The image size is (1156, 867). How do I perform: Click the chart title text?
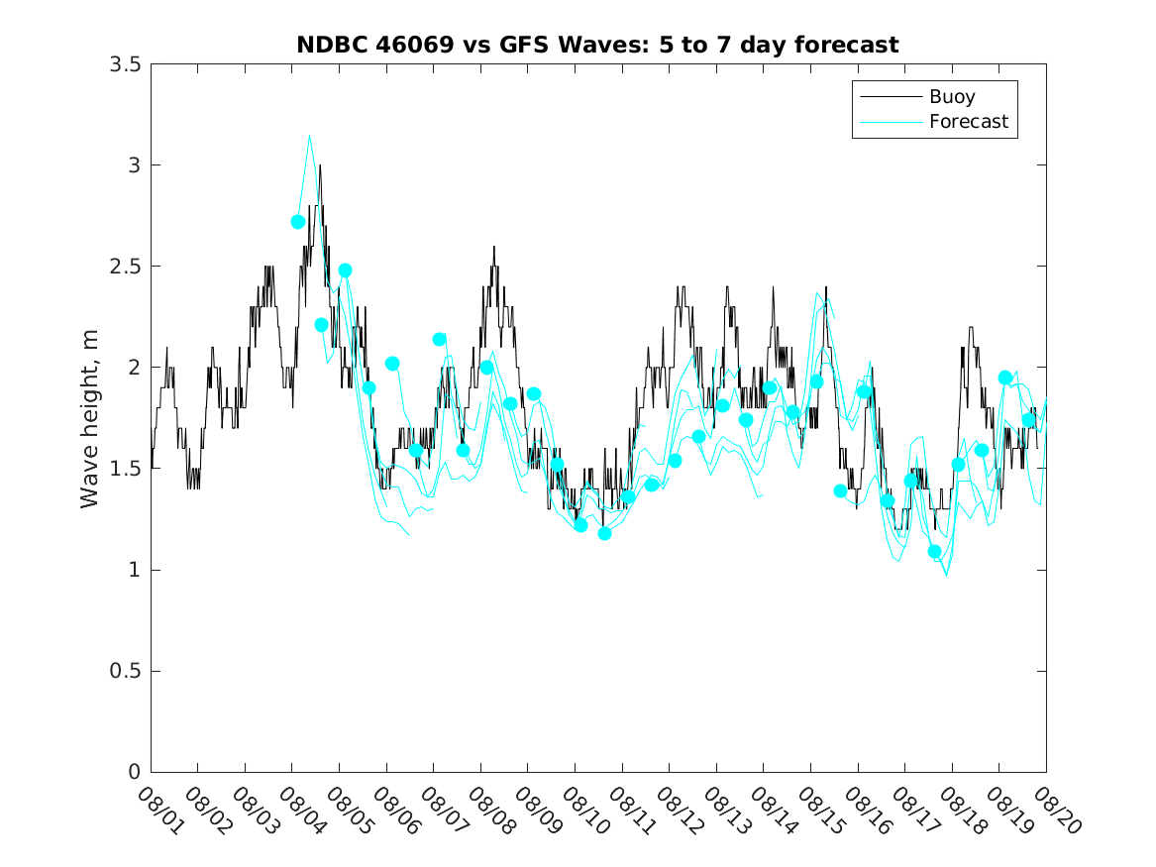point(597,45)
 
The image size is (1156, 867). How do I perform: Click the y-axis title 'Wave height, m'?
point(90,419)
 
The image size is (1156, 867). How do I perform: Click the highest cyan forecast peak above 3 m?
point(309,136)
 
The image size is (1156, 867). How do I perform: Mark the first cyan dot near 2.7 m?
point(298,222)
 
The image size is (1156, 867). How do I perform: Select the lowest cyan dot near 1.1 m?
point(934,552)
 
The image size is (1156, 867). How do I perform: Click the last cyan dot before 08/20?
point(1028,420)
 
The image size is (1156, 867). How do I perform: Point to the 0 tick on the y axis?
point(134,773)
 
